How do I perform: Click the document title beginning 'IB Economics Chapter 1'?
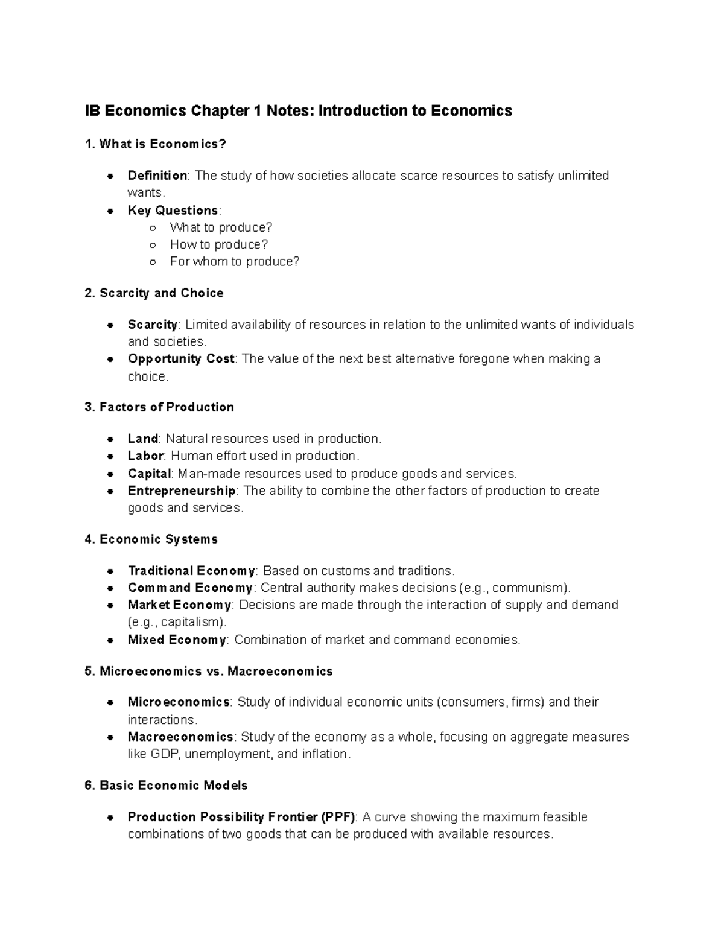298,111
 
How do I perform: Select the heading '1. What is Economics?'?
156,144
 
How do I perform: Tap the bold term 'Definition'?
157,176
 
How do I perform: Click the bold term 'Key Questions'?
173,211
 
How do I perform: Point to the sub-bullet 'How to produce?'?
218,244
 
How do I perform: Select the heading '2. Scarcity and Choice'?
154,293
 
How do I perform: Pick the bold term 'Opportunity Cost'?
180,359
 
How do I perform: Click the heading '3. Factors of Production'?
159,407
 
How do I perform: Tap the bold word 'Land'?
142,439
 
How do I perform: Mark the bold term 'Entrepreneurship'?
182,491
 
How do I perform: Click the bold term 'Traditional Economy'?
191,571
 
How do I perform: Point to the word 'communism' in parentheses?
534,588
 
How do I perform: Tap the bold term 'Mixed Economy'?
177,640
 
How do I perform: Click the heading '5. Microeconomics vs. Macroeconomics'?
209,672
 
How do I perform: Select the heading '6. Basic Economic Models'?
166,786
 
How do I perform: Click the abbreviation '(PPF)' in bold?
338,818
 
